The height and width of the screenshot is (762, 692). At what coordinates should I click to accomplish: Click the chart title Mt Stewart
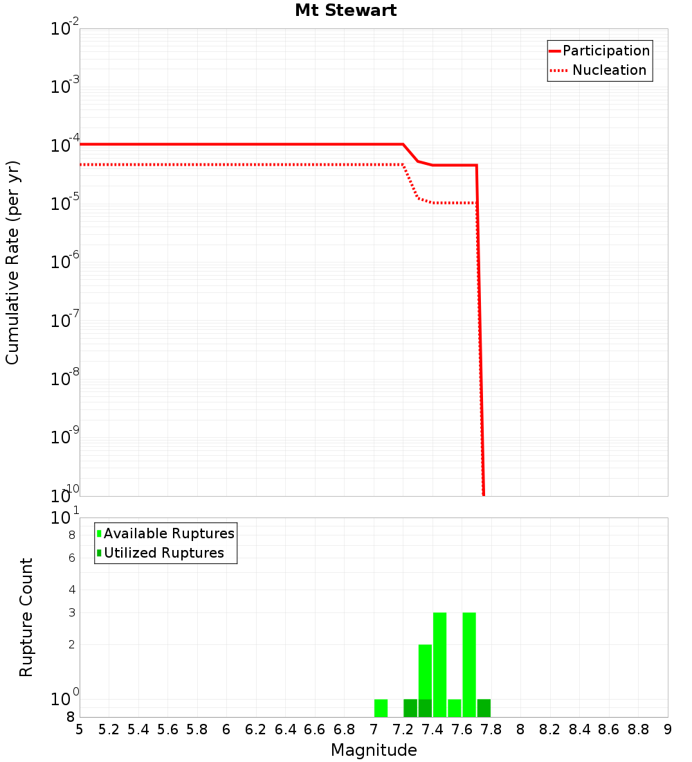point(345,10)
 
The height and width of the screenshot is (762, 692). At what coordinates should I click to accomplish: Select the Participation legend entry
point(599,51)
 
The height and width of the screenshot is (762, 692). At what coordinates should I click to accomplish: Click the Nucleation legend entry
point(599,70)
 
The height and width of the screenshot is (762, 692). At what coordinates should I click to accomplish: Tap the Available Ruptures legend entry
point(166,533)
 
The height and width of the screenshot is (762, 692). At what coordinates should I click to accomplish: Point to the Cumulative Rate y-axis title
point(12,263)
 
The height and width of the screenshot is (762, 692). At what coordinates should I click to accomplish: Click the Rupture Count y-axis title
point(26,617)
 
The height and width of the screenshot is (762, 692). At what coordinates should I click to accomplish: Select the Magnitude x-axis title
point(374,750)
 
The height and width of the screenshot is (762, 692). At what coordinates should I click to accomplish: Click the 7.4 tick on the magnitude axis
point(432,729)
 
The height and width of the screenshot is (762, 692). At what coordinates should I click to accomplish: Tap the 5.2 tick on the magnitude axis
point(109,729)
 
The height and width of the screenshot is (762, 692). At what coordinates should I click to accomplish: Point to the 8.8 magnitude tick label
point(638,729)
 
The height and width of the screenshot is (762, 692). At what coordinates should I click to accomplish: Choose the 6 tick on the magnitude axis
point(226,729)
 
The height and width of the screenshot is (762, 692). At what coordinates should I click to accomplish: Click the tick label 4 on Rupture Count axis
point(71,590)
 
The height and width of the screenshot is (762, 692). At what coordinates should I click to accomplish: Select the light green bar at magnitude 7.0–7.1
point(381,708)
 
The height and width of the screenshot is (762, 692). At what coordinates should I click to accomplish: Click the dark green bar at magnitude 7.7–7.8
point(484,708)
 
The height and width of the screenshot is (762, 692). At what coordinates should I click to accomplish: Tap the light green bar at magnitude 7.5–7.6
point(454,708)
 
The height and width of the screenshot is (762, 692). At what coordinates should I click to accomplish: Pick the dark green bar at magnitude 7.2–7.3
point(410,708)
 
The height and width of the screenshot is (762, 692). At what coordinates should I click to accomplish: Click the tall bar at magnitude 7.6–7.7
point(469,664)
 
